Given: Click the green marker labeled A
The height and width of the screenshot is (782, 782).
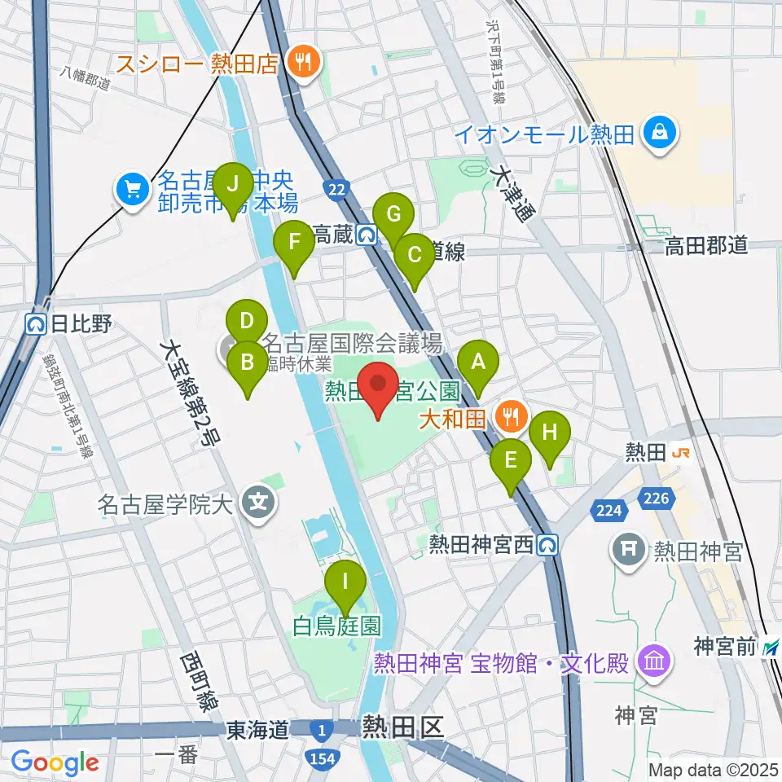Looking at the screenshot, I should point(478,360).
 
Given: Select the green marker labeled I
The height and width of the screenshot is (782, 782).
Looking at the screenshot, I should point(346,582).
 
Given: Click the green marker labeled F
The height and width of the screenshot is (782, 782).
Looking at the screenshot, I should point(294,242).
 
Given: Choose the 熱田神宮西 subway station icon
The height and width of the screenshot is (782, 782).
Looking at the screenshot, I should point(549,543).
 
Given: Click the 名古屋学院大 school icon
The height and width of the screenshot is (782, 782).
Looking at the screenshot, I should point(259,499).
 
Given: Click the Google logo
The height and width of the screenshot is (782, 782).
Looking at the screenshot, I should point(55,762).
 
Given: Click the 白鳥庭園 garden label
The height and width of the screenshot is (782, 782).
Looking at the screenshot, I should point(338,625).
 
